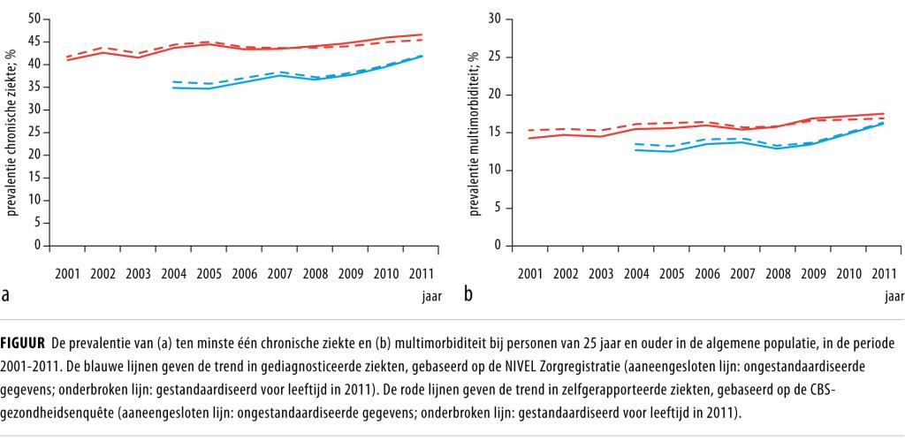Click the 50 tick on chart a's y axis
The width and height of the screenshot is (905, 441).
[x=34, y=18]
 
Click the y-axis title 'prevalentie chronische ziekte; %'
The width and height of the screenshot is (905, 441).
[x=12, y=133]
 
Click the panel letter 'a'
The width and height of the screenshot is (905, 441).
[x=6, y=293]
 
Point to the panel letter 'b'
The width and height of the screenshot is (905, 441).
[x=468, y=293]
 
